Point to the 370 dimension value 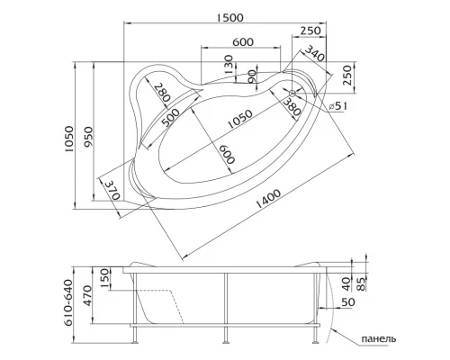pos(112,191)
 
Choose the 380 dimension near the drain pos(290,108)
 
